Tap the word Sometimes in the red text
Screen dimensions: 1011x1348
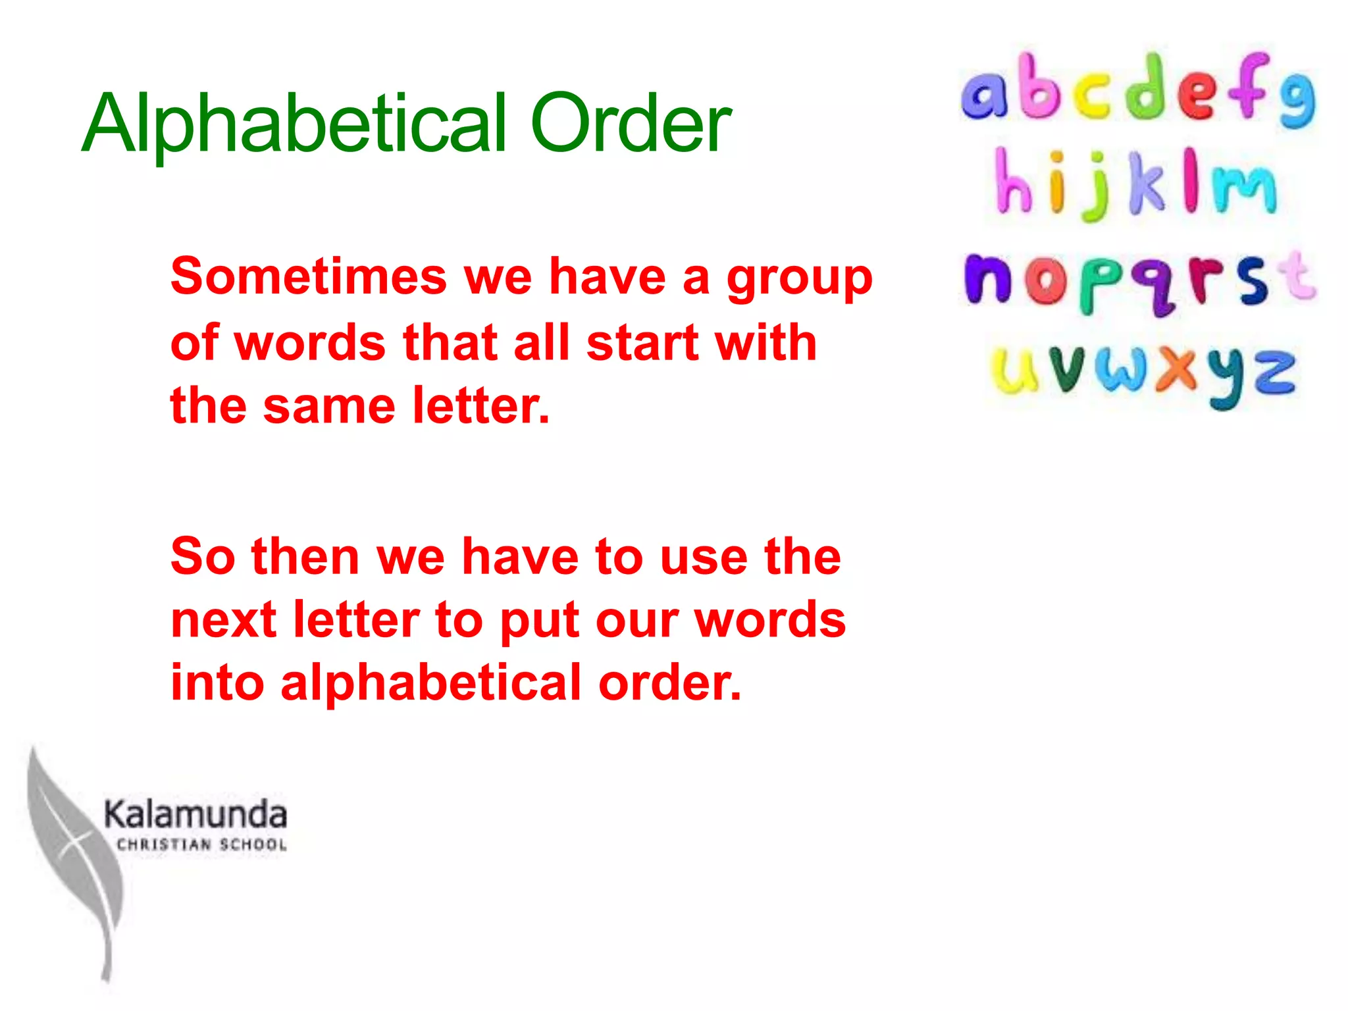pos(309,276)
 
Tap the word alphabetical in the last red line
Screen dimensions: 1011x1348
pos(431,683)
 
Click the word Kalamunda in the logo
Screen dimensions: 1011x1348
pos(195,814)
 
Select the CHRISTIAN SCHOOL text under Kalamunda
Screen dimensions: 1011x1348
pos(201,844)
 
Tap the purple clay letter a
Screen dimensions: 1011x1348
pos(984,95)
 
